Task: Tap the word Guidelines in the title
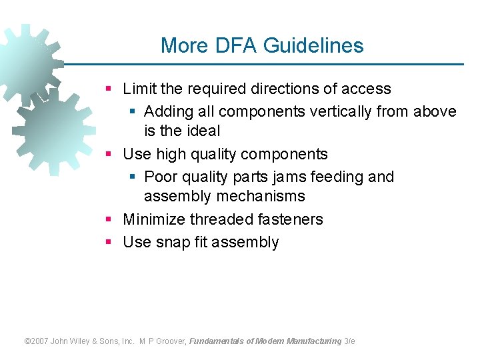[x=313, y=45]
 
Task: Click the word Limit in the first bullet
[x=138, y=89]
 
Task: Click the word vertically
[x=340, y=111]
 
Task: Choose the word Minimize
[x=154, y=219]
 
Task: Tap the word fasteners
[x=292, y=219]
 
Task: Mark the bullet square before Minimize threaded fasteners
[x=109, y=219]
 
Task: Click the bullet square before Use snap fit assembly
[x=109, y=242]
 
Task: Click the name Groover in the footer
[x=171, y=341]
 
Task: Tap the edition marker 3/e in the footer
[x=349, y=341]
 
